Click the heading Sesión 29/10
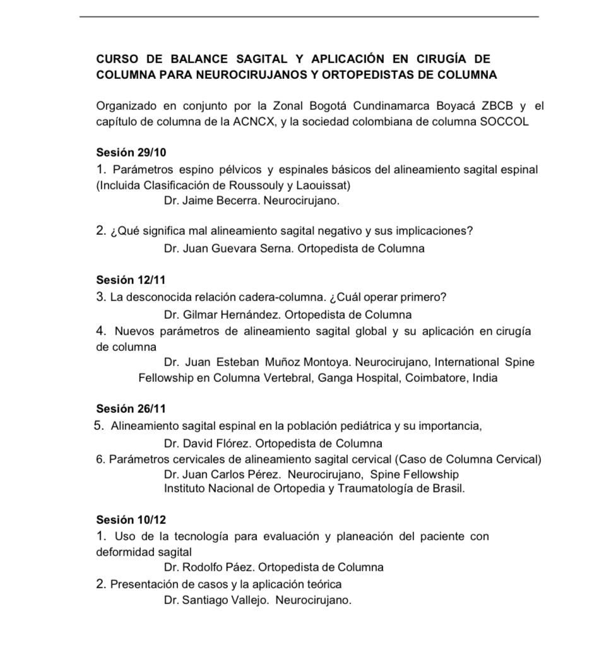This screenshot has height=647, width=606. tap(131, 153)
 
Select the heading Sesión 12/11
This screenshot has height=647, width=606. tap(131, 280)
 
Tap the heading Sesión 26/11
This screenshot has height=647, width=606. tap(131, 409)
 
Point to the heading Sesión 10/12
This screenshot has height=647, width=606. tap(131, 520)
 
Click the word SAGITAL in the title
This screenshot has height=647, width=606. tap(262, 59)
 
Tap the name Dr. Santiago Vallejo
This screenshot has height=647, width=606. tap(217, 600)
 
